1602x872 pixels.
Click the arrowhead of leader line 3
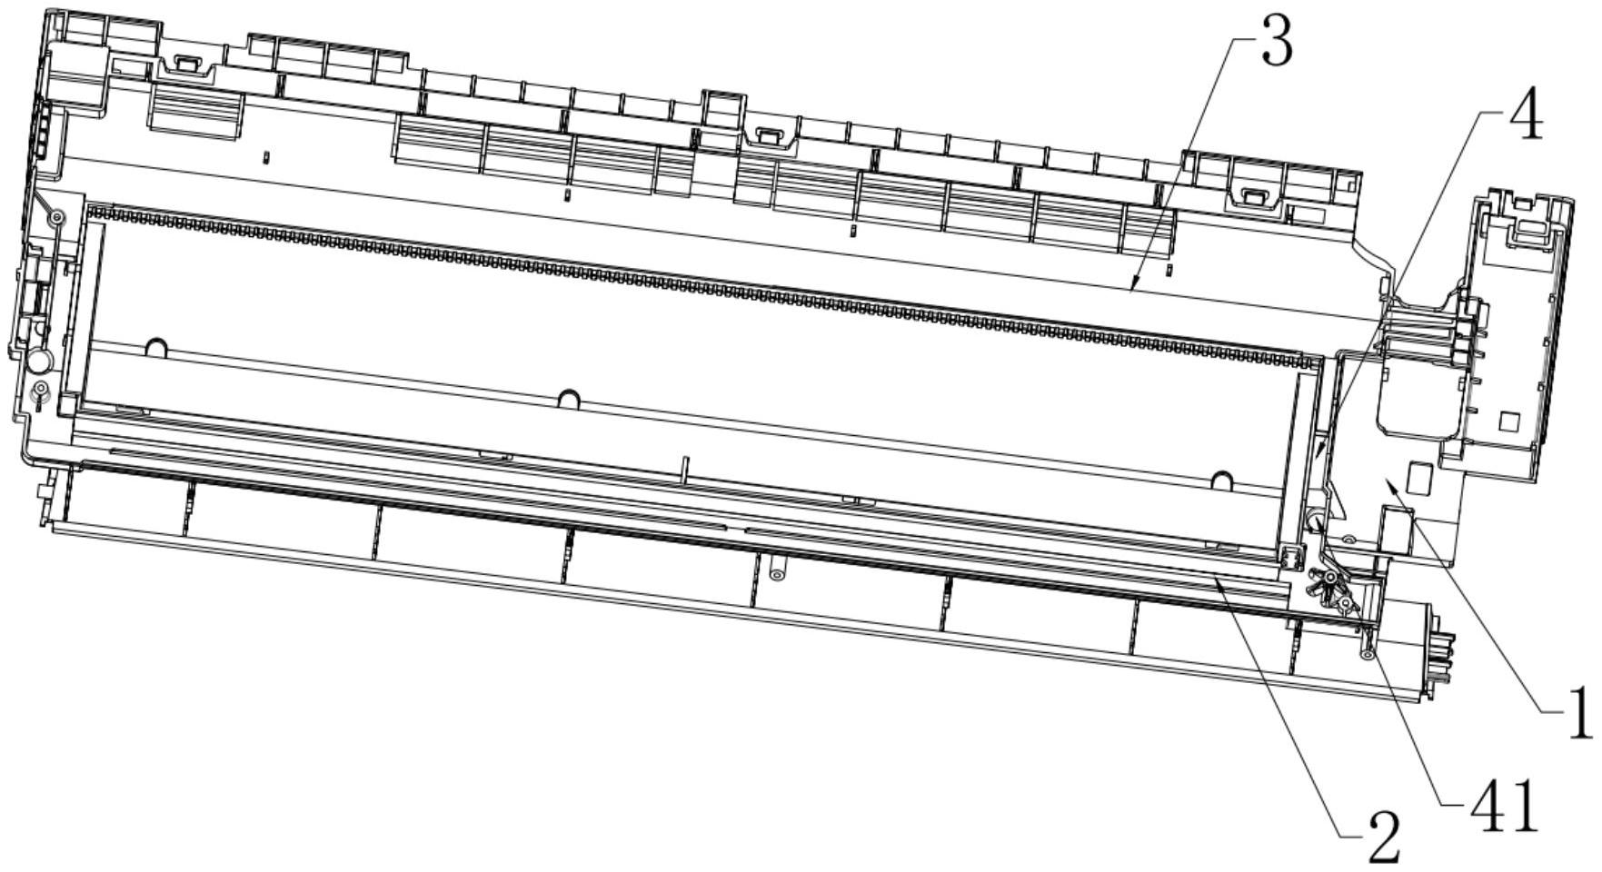(x=1131, y=290)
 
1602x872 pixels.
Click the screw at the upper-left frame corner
(x=56, y=219)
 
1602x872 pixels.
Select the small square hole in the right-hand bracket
(x=1508, y=421)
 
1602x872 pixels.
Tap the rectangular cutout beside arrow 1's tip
(x=1418, y=474)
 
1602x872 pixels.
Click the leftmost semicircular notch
(x=156, y=347)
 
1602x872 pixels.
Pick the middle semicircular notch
(x=569, y=398)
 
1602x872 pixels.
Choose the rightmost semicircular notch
(x=1222, y=478)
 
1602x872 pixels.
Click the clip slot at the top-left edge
(x=186, y=63)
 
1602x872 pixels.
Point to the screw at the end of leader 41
(x=1366, y=653)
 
